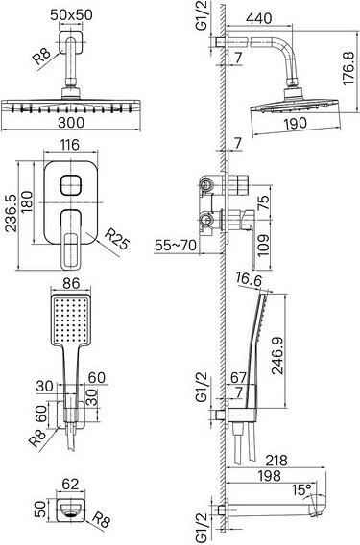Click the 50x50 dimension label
click(71, 15)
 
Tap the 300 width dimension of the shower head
click(71, 123)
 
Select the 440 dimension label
click(258, 18)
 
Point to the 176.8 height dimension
click(348, 68)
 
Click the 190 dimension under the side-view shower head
click(295, 124)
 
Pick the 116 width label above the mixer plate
click(70, 145)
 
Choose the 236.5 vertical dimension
click(11, 213)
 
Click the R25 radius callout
click(117, 238)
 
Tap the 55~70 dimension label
click(176, 246)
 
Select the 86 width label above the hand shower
click(71, 283)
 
